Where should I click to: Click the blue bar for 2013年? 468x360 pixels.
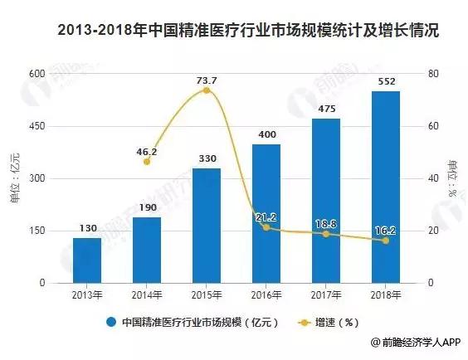point(87,260)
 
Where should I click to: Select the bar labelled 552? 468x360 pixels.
point(386,187)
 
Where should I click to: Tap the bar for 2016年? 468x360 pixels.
point(266,213)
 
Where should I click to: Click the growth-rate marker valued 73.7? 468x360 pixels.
point(207,90)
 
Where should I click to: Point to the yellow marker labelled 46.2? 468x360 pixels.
point(147,162)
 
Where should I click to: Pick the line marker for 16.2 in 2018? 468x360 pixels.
point(386,241)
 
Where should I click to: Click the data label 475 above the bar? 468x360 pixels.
point(327,109)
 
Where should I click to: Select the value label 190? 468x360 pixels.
point(148,207)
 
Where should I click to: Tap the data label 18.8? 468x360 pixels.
point(326,224)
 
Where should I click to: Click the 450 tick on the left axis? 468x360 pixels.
point(37,126)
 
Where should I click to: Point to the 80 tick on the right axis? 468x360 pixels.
point(433,74)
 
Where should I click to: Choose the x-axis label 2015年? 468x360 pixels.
point(207,295)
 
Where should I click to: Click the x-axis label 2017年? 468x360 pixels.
point(326,295)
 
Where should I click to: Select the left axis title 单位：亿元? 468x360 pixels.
point(15,178)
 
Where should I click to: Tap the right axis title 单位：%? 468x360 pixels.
point(452,178)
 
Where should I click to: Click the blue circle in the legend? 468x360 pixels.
point(111,322)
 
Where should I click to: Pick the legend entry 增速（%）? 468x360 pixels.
point(329,323)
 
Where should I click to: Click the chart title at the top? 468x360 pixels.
point(248,31)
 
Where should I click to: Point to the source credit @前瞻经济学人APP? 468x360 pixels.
point(416,342)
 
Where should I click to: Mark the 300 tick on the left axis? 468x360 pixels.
point(37,178)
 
